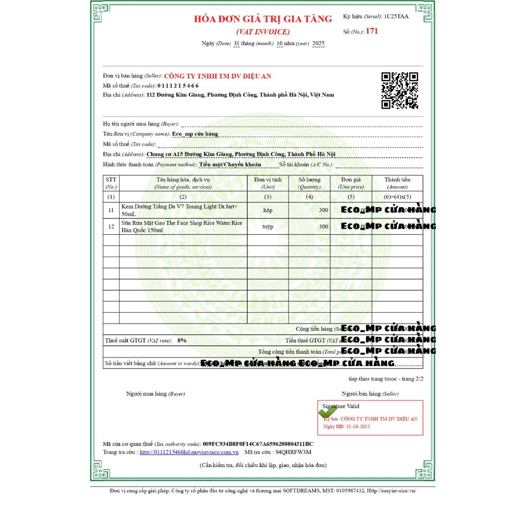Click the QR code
399,91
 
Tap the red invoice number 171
372,31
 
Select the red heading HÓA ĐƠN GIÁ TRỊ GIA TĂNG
263,19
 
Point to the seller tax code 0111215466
178,86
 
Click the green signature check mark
328,411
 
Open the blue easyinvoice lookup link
189,452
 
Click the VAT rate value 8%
181,340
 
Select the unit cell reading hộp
268,210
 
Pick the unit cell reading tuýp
268,226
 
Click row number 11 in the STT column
111,210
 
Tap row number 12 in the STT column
111,226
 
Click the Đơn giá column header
351,183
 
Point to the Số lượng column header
309,183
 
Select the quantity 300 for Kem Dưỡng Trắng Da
323,210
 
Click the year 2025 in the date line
318,44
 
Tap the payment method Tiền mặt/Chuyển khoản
230,165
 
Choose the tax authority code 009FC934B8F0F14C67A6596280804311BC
258,443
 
